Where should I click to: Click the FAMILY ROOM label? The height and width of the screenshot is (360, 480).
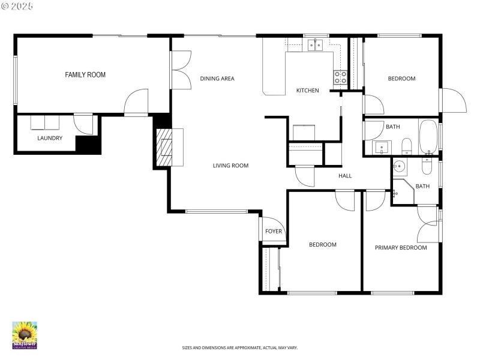click(85, 75)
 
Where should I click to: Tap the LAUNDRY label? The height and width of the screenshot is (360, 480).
click(50, 138)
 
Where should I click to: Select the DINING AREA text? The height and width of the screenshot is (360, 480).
click(217, 79)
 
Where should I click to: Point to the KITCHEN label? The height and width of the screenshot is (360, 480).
click(308, 91)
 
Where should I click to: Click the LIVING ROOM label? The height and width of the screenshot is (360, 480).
click(230, 166)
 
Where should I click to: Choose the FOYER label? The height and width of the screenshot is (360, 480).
click(274, 232)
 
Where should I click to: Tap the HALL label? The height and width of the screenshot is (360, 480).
click(345, 176)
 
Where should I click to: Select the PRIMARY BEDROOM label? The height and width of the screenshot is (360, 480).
click(401, 248)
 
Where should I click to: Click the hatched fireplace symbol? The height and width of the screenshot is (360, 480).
click(164, 148)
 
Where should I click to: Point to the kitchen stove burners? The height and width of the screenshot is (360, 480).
click(340, 77)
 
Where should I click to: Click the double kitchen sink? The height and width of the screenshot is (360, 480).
click(316, 45)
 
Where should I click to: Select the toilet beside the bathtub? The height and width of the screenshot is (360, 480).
click(406, 146)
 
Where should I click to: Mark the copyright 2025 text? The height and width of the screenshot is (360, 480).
click(17, 5)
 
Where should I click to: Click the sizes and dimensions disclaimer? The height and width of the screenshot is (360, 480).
click(240, 347)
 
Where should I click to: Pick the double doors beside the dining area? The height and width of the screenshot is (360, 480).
click(180, 71)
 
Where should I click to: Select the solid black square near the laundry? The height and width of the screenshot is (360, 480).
click(88, 145)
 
